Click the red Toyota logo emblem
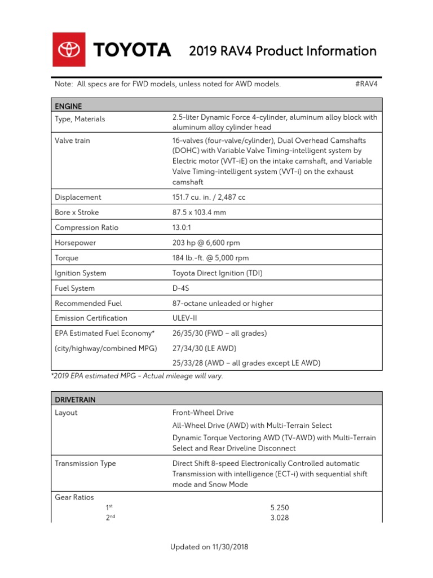pyautogui.click(x=69, y=50)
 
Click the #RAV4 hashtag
pyautogui.click(x=366, y=84)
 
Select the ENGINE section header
pyautogui.click(x=68, y=106)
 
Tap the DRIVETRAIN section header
pyautogui.click(x=75, y=399)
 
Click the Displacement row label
pyautogui.click(x=78, y=197)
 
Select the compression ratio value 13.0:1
pyautogui.click(x=185, y=227)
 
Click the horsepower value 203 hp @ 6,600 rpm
pyautogui.click(x=206, y=243)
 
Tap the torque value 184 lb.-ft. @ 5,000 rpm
pyautogui.click(x=210, y=258)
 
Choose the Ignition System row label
pyautogui.click(x=81, y=273)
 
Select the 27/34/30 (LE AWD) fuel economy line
pyautogui.click(x=204, y=348)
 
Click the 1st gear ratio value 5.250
pyautogui.click(x=280, y=507)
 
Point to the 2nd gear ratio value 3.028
pyautogui.click(x=280, y=518)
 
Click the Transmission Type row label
pyautogui.click(x=85, y=463)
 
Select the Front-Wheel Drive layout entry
pyautogui.click(x=203, y=413)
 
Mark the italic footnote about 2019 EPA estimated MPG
pyautogui.click(x=139, y=376)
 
